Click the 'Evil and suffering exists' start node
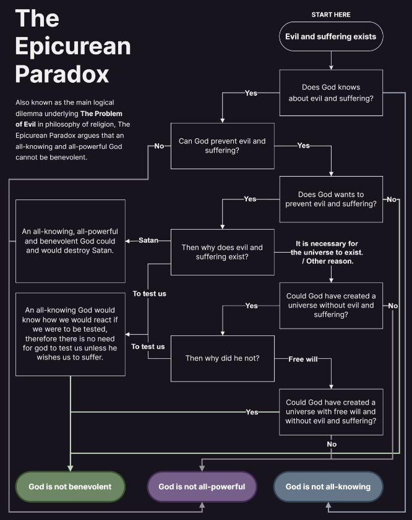331,36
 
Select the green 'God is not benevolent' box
70,487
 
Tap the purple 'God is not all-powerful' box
202,487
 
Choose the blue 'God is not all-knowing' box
328,487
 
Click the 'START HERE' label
331,14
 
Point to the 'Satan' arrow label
149,240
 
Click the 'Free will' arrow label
303,359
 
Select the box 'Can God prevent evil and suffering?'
222,146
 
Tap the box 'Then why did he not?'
222,358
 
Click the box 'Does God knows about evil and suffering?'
331,93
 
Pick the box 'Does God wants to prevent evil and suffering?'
331,199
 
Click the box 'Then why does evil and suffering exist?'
222,252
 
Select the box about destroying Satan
70,240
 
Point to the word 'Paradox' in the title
62,74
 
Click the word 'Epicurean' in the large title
73,46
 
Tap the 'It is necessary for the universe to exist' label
326,252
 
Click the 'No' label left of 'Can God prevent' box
159,146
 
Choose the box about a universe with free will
331,411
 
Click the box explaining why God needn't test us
70,333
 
